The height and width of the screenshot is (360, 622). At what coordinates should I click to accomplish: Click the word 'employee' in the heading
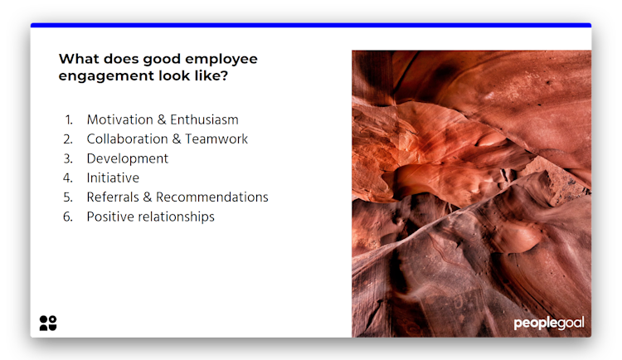coord(221,60)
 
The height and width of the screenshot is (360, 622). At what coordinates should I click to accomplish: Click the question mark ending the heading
coord(224,75)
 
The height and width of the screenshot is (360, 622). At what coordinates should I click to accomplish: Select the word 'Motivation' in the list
coord(119,119)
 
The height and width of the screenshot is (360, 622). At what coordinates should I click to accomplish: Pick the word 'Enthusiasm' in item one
coord(204,119)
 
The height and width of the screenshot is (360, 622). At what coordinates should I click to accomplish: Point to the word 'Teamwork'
coord(216,139)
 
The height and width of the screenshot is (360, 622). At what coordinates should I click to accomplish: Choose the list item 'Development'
coord(128,158)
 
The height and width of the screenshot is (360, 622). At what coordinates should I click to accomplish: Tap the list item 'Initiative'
coord(113,178)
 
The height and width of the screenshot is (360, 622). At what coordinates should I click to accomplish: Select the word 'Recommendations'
coord(211,197)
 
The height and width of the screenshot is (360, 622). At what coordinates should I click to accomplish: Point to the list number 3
coord(68,158)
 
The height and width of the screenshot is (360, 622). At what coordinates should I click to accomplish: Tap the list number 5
coord(68,197)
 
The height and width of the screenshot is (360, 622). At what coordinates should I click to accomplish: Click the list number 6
coord(68,216)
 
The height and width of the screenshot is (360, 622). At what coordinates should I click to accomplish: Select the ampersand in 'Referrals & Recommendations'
coord(147,197)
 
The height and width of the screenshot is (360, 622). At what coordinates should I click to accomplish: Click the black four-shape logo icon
coord(48,323)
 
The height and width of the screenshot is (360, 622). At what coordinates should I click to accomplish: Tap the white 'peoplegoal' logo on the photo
coord(549,323)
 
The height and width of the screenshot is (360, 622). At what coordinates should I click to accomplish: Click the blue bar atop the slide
coord(311,25)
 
